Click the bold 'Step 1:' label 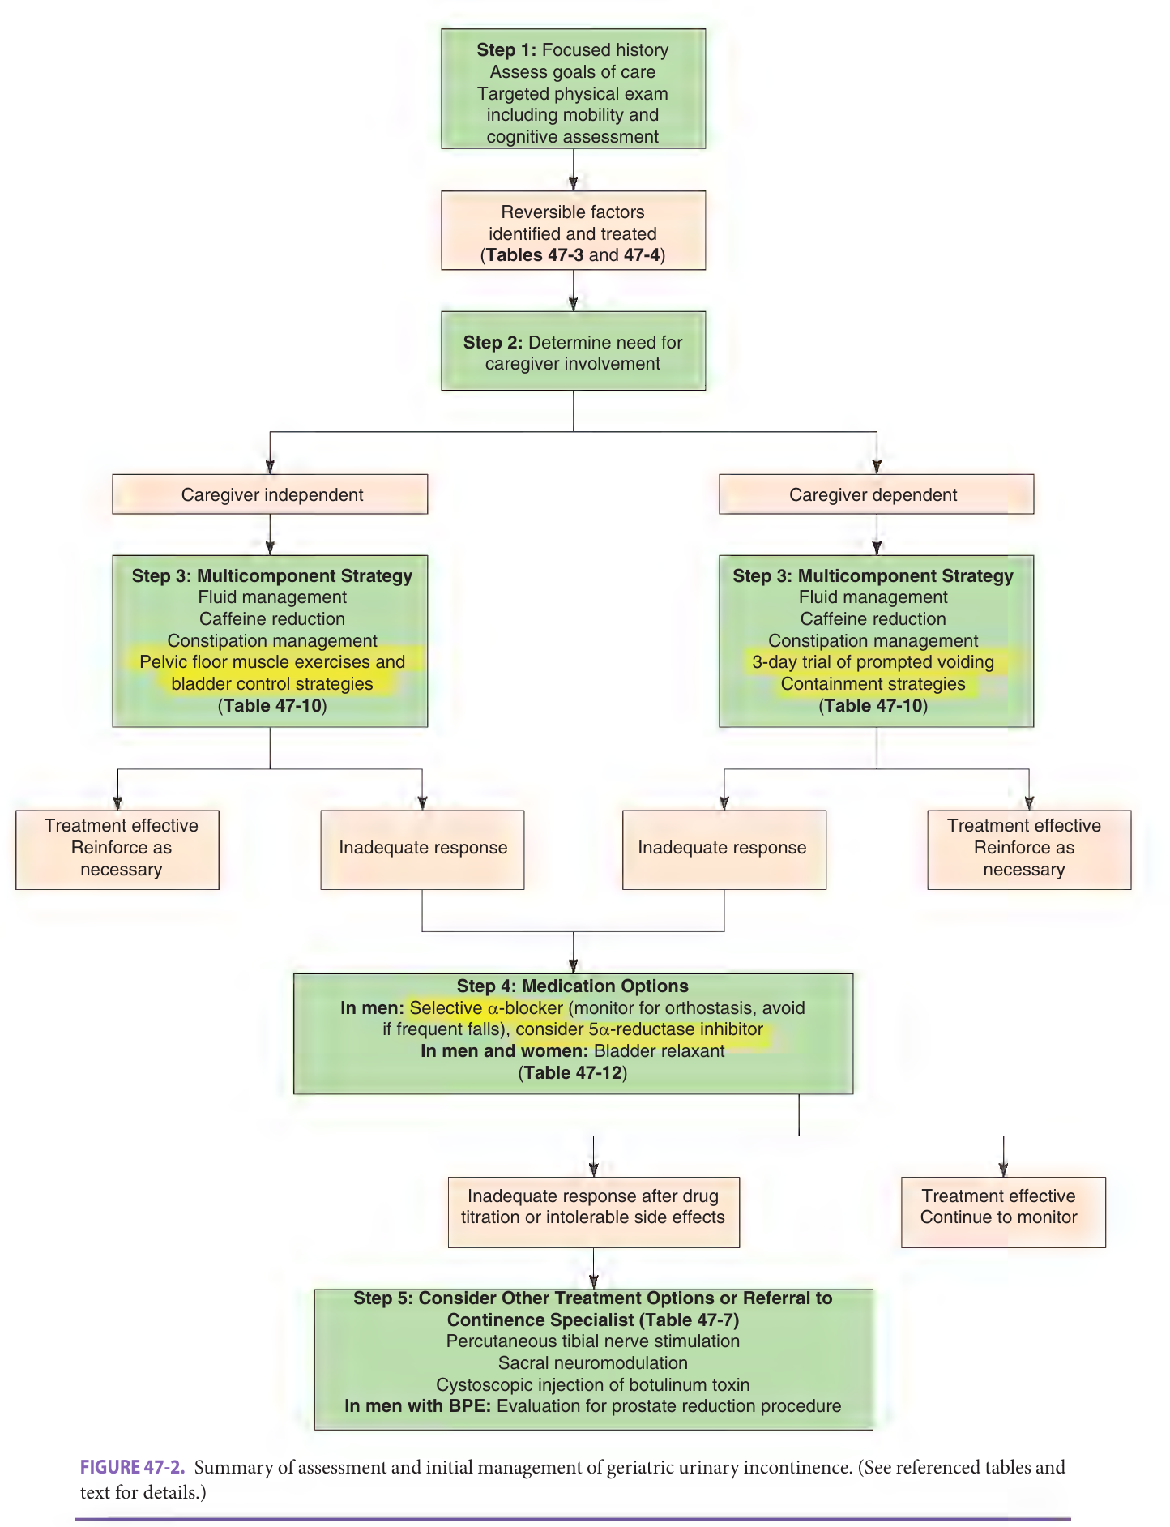click(x=506, y=50)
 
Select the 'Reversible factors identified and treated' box click(x=573, y=230)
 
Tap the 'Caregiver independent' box click(x=270, y=494)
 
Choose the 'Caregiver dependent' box click(x=876, y=494)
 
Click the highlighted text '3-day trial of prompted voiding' click(x=873, y=662)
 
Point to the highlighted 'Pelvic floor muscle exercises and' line click(x=272, y=662)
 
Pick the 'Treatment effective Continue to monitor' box click(x=1003, y=1213)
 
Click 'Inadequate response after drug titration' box click(x=594, y=1213)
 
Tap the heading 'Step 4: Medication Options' click(x=573, y=986)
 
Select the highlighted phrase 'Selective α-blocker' click(x=486, y=1008)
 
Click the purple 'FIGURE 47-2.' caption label click(x=133, y=1467)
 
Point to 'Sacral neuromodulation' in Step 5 click(x=593, y=1363)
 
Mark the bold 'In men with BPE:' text click(x=418, y=1406)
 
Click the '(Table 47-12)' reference click(x=573, y=1073)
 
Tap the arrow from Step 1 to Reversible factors click(x=573, y=169)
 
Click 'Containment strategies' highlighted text click(x=873, y=684)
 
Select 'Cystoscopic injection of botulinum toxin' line click(x=593, y=1385)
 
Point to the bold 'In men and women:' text click(x=504, y=1051)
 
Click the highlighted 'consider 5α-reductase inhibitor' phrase click(x=639, y=1029)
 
